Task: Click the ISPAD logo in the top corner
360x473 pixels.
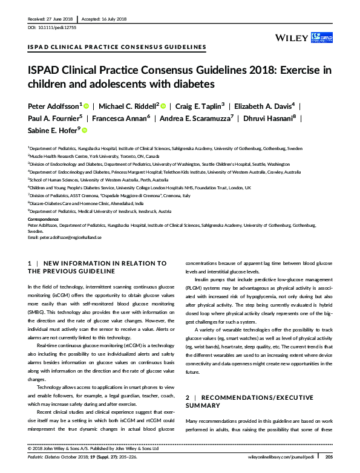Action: (321, 38)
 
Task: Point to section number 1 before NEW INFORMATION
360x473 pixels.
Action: (30, 263)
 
